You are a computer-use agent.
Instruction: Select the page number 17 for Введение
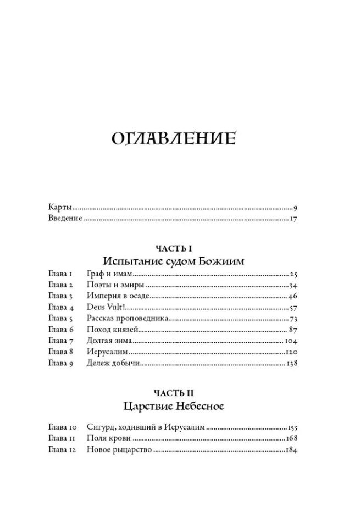coord(293,219)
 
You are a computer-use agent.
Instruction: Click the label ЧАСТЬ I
coord(173,249)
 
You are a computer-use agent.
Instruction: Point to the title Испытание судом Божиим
coord(173,261)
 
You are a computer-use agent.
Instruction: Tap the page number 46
coord(292,296)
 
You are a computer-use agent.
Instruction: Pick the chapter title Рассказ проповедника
coord(127,319)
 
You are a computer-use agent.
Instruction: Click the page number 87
coord(292,330)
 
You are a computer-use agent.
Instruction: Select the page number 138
coord(291,363)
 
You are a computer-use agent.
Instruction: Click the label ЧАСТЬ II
coord(173,393)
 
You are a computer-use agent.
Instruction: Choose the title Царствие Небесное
coord(173,407)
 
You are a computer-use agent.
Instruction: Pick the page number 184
coord(291,450)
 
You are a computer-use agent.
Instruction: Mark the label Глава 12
coord(62,450)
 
